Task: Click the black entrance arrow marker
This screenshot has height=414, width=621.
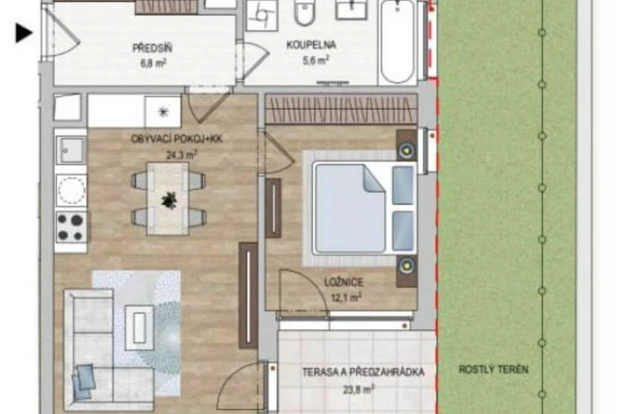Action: pos(23,33)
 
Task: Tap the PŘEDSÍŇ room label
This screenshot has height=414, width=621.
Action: pos(152,49)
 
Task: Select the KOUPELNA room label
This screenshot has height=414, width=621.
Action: pos(311,45)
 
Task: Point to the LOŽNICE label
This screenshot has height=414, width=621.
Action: pos(344,282)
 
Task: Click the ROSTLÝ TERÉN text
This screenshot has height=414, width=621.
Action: pos(493,369)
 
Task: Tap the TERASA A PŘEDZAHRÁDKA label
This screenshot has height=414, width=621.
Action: pos(363,372)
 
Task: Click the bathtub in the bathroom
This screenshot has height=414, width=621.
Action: pos(398,42)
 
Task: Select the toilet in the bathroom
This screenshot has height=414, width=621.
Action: pos(305,13)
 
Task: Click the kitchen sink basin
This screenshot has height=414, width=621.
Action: pos(70,150)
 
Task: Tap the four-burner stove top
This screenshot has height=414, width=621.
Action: pos(70,227)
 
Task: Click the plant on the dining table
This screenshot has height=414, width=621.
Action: pos(170,200)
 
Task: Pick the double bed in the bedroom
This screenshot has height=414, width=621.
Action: pos(364,207)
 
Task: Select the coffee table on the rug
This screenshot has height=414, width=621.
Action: pos(140,328)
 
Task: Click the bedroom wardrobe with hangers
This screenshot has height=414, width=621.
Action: pos(341,109)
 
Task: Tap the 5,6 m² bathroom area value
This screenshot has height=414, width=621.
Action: pos(316,60)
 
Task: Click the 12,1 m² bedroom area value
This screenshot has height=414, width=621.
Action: pos(346,297)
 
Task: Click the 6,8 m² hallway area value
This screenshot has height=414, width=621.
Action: pos(153,63)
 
